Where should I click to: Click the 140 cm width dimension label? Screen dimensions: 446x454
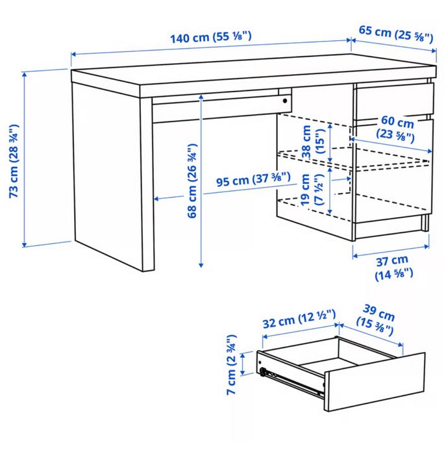[210, 37]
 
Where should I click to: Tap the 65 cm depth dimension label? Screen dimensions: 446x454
[396, 34]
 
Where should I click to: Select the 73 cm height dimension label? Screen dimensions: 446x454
[14, 161]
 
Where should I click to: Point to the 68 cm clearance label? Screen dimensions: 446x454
[193, 181]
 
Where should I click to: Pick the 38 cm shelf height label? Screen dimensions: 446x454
[313, 142]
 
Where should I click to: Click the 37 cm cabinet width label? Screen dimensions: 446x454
[393, 268]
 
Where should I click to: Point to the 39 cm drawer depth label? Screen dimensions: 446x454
[376, 320]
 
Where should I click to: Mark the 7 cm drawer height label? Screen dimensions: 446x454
[232, 365]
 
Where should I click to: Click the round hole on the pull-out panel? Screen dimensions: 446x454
[285, 101]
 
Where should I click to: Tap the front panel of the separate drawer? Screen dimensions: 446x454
[375, 381]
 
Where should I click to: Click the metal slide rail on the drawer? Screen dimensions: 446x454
[291, 381]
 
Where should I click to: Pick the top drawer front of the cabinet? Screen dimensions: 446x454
[394, 101]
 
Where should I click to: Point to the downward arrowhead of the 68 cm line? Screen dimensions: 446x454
[201, 265]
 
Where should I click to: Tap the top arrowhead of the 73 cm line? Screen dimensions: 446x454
[25, 75]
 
